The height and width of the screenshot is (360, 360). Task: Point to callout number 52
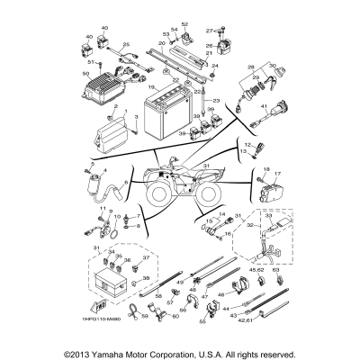point(184,23)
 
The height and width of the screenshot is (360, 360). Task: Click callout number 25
point(126,44)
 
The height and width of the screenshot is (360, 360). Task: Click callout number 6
point(125,183)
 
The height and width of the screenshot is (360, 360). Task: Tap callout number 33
point(267,216)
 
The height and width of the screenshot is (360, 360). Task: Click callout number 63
point(276,267)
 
